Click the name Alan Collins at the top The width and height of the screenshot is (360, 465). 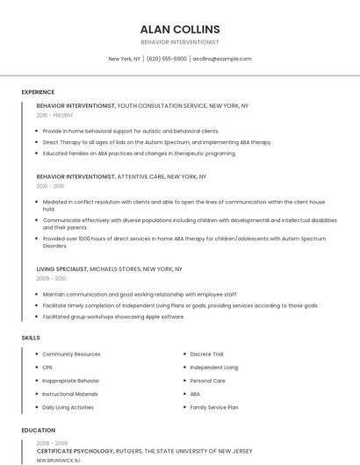pos(180,29)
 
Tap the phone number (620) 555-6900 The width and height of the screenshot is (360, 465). pos(167,59)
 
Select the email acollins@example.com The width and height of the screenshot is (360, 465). pos(222,59)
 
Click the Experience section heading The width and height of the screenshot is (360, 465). pos(38,92)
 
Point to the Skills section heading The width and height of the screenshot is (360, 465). pos(31,337)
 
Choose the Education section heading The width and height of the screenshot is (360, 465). pos(38,431)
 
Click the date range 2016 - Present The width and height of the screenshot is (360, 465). pos(56,115)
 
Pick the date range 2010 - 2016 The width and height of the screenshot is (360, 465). pos(51,186)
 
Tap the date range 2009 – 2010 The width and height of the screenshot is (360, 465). pos(51,278)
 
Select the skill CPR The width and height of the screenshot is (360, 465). pos(47,368)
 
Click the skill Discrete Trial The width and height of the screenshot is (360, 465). pos(206,354)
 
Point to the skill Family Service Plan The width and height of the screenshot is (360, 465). pos(214,407)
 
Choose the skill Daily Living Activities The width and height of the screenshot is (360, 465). pos(68,407)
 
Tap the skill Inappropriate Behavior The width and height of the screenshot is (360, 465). pos(70,381)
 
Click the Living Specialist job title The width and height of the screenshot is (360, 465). pos(62,268)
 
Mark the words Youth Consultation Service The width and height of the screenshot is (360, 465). pos(162,105)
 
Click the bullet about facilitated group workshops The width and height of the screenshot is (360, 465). pos(113,316)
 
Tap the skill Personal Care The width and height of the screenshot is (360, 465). pos(207,381)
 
